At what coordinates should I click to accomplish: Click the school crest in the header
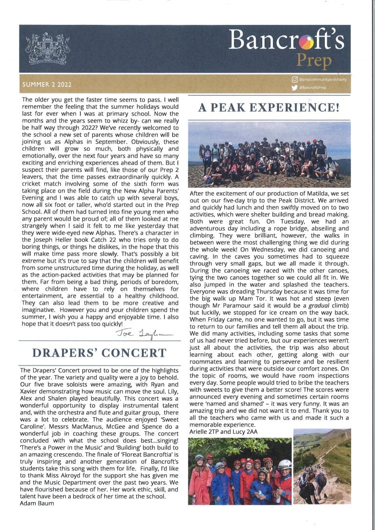(x=47, y=48)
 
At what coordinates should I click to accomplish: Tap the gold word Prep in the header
(x=314, y=61)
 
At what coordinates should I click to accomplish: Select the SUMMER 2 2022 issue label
(x=46, y=84)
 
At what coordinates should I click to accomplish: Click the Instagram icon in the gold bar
(x=294, y=79)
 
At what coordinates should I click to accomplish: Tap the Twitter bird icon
(x=294, y=88)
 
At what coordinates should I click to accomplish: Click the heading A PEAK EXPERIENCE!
(x=269, y=107)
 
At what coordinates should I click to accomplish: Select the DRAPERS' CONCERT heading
(x=93, y=352)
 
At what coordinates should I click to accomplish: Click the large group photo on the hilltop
(x=269, y=154)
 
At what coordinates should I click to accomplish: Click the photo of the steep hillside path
(x=321, y=466)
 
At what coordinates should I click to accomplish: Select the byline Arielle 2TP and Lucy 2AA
(x=223, y=431)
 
